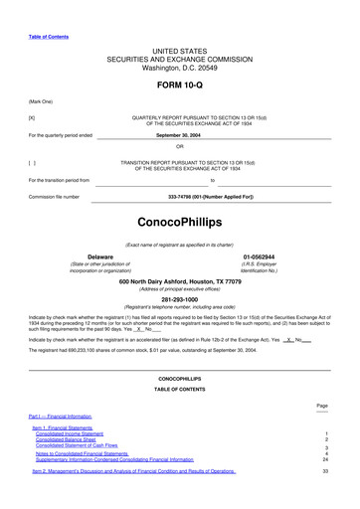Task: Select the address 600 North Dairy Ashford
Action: (180, 281)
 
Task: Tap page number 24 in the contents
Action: (325, 460)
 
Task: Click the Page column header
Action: (322, 406)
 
